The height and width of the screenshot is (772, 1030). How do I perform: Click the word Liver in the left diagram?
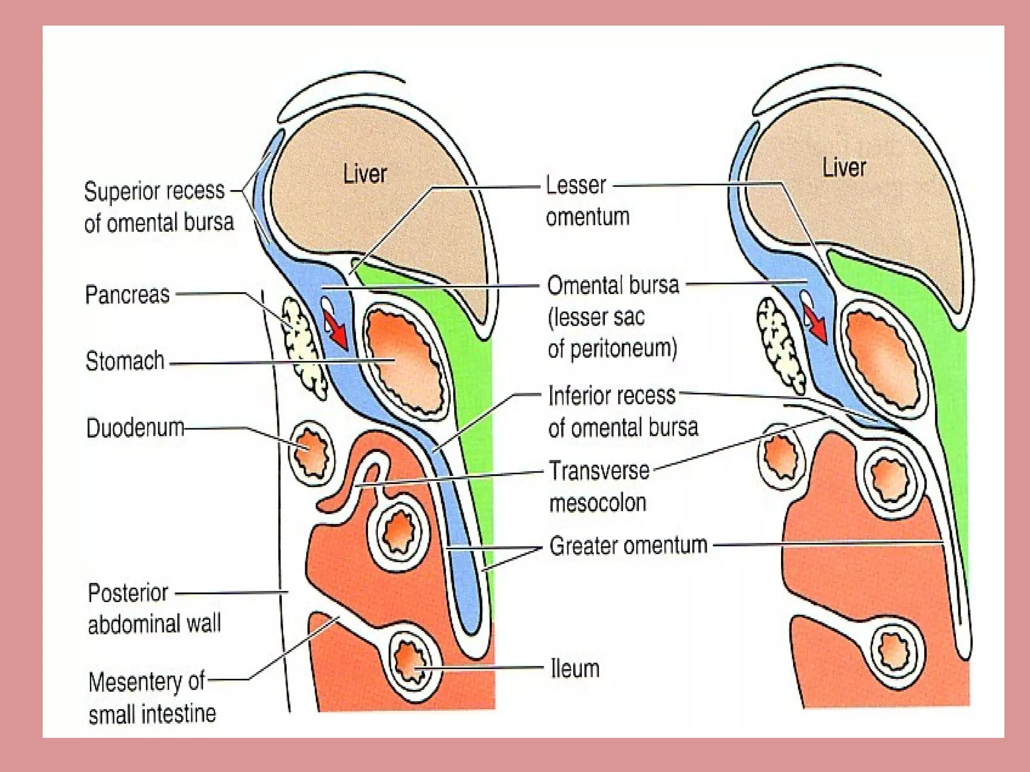[365, 174]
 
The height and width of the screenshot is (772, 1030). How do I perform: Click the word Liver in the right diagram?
[844, 167]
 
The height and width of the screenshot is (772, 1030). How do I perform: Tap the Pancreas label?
[127, 295]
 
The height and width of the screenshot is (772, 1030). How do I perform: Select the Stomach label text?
[125, 361]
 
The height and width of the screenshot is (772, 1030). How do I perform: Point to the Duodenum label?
[135, 429]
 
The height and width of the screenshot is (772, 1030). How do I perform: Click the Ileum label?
[575, 669]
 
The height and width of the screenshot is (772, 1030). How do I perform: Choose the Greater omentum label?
[628, 546]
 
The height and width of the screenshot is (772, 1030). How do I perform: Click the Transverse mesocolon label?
[598, 487]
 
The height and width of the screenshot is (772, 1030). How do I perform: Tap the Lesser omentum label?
[587, 201]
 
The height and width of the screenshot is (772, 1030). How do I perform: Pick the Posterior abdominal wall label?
[154, 609]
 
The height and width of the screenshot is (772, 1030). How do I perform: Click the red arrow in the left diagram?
[335, 329]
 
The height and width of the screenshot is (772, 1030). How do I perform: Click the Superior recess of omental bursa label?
[159, 207]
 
